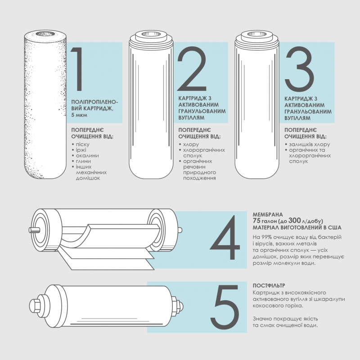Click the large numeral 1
click(78, 69)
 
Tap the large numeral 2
click(192, 69)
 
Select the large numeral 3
click(299, 69)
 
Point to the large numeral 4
click(225, 238)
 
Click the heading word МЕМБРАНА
click(268, 215)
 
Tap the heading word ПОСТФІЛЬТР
click(269, 286)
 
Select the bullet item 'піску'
click(83, 144)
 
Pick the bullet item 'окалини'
click(87, 155)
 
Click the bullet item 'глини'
click(83, 161)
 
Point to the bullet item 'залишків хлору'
click(309, 144)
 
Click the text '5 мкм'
click(79, 115)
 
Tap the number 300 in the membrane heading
click(294, 220)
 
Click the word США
click(335, 228)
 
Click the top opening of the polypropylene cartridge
click(45, 34)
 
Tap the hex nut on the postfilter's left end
click(34, 306)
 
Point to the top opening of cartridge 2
click(151, 35)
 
